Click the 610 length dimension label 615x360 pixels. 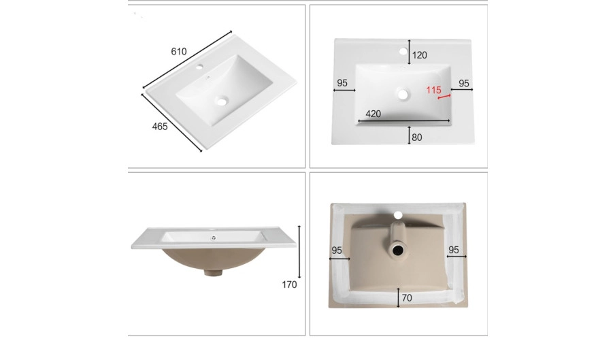point(178,51)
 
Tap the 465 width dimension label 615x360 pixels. point(160,127)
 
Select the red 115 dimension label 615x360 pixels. point(433,90)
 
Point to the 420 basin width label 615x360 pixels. point(373,114)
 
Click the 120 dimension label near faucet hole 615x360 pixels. point(419,55)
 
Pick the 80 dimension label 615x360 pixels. point(417,137)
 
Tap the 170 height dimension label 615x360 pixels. point(289,284)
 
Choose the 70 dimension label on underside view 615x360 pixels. point(407,298)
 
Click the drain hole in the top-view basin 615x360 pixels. point(403,95)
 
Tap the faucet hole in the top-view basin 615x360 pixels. point(403,51)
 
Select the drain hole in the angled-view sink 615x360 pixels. point(222,101)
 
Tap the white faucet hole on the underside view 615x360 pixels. point(398,215)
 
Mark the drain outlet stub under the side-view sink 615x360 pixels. point(214,272)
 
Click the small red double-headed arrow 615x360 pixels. point(444,97)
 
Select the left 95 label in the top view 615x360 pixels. point(342,83)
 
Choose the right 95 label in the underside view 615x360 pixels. point(453,250)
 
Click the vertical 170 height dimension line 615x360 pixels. point(299,252)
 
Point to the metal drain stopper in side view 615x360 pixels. point(214,238)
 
